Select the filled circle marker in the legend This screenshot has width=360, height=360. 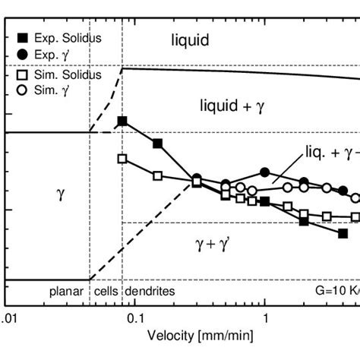(17, 54)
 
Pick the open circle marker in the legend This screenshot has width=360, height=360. (17, 89)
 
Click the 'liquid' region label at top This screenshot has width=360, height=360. (189, 40)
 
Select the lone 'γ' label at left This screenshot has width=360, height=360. (62, 194)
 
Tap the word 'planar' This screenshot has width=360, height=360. (65, 291)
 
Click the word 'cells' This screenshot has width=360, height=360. (105, 291)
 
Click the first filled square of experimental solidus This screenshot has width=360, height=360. (122, 122)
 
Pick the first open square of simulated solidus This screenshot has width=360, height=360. (122, 159)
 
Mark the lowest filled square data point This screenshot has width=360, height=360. (343, 234)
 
